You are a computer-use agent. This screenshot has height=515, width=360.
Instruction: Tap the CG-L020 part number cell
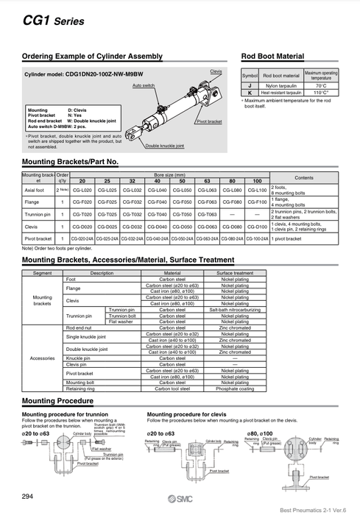pos(82,190)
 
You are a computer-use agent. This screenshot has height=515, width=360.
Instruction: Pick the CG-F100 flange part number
pos(256,202)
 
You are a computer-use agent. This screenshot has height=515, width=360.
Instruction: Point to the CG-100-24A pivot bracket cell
pos(256,239)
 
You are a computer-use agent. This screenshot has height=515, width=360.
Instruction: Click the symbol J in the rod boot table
pos(250,85)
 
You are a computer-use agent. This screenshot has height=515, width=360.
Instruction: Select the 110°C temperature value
pos(321,93)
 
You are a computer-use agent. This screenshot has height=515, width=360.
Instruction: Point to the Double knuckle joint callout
pos(163,145)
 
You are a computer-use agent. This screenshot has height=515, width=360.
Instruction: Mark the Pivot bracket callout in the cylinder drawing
pos(209,121)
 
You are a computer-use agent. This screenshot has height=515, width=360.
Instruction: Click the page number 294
pos(28,495)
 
